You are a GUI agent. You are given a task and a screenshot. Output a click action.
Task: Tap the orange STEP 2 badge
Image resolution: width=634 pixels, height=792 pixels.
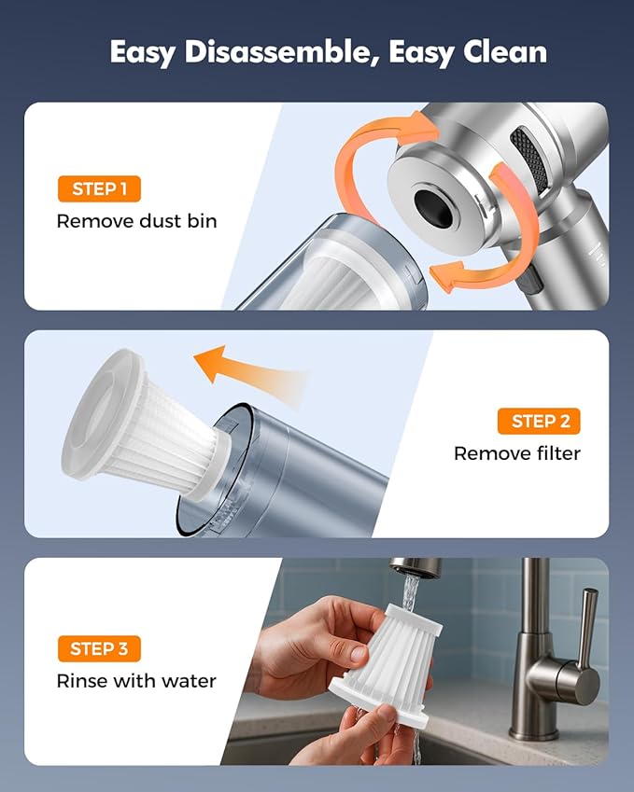pyautogui.click(x=540, y=422)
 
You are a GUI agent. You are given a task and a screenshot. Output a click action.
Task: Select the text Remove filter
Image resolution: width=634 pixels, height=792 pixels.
pyautogui.click(x=516, y=453)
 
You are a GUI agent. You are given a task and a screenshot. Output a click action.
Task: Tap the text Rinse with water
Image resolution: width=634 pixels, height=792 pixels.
pyautogui.click(x=136, y=681)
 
